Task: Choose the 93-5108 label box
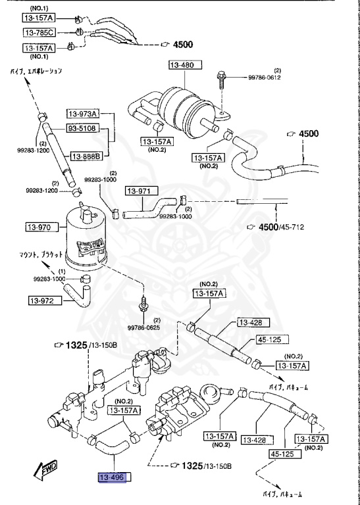point(82,128)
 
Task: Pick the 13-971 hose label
point(140,191)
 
